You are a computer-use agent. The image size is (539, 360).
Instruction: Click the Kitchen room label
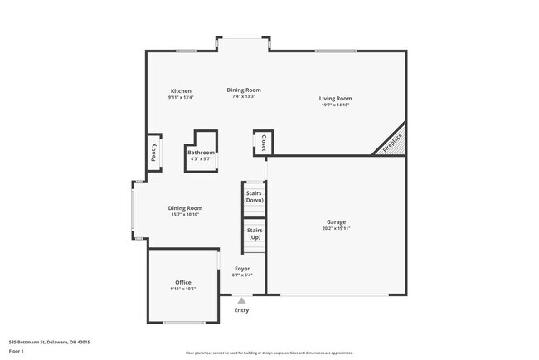coord(181,90)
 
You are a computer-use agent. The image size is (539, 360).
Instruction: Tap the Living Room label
coord(336,99)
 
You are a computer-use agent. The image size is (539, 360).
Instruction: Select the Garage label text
coord(336,222)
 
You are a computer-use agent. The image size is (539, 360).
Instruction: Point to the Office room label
coord(182,283)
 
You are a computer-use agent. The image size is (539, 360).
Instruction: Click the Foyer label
coord(242,269)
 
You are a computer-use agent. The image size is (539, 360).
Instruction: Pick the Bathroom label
coord(201,153)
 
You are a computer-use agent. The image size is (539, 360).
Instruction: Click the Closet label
coord(264,143)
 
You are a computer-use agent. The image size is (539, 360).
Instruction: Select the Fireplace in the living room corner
coord(392,142)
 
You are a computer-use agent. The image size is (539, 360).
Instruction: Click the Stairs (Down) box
coord(254,197)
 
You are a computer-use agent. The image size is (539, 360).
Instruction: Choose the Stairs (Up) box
coord(255,234)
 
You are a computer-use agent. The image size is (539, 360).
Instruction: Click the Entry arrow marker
coord(241,301)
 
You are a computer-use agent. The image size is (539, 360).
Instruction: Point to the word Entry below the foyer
coord(241,310)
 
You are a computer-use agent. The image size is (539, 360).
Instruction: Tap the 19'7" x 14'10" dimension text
coord(336,105)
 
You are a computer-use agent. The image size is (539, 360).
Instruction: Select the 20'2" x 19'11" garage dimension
coord(336,229)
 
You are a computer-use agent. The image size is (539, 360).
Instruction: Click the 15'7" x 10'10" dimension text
coord(185,215)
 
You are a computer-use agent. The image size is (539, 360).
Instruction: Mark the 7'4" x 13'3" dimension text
coord(244,97)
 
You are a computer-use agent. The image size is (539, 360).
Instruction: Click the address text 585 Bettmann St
coord(49,342)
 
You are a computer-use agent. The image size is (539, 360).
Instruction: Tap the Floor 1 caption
coord(17,351)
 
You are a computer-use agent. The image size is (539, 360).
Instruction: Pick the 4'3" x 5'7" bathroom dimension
coord(201,159)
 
